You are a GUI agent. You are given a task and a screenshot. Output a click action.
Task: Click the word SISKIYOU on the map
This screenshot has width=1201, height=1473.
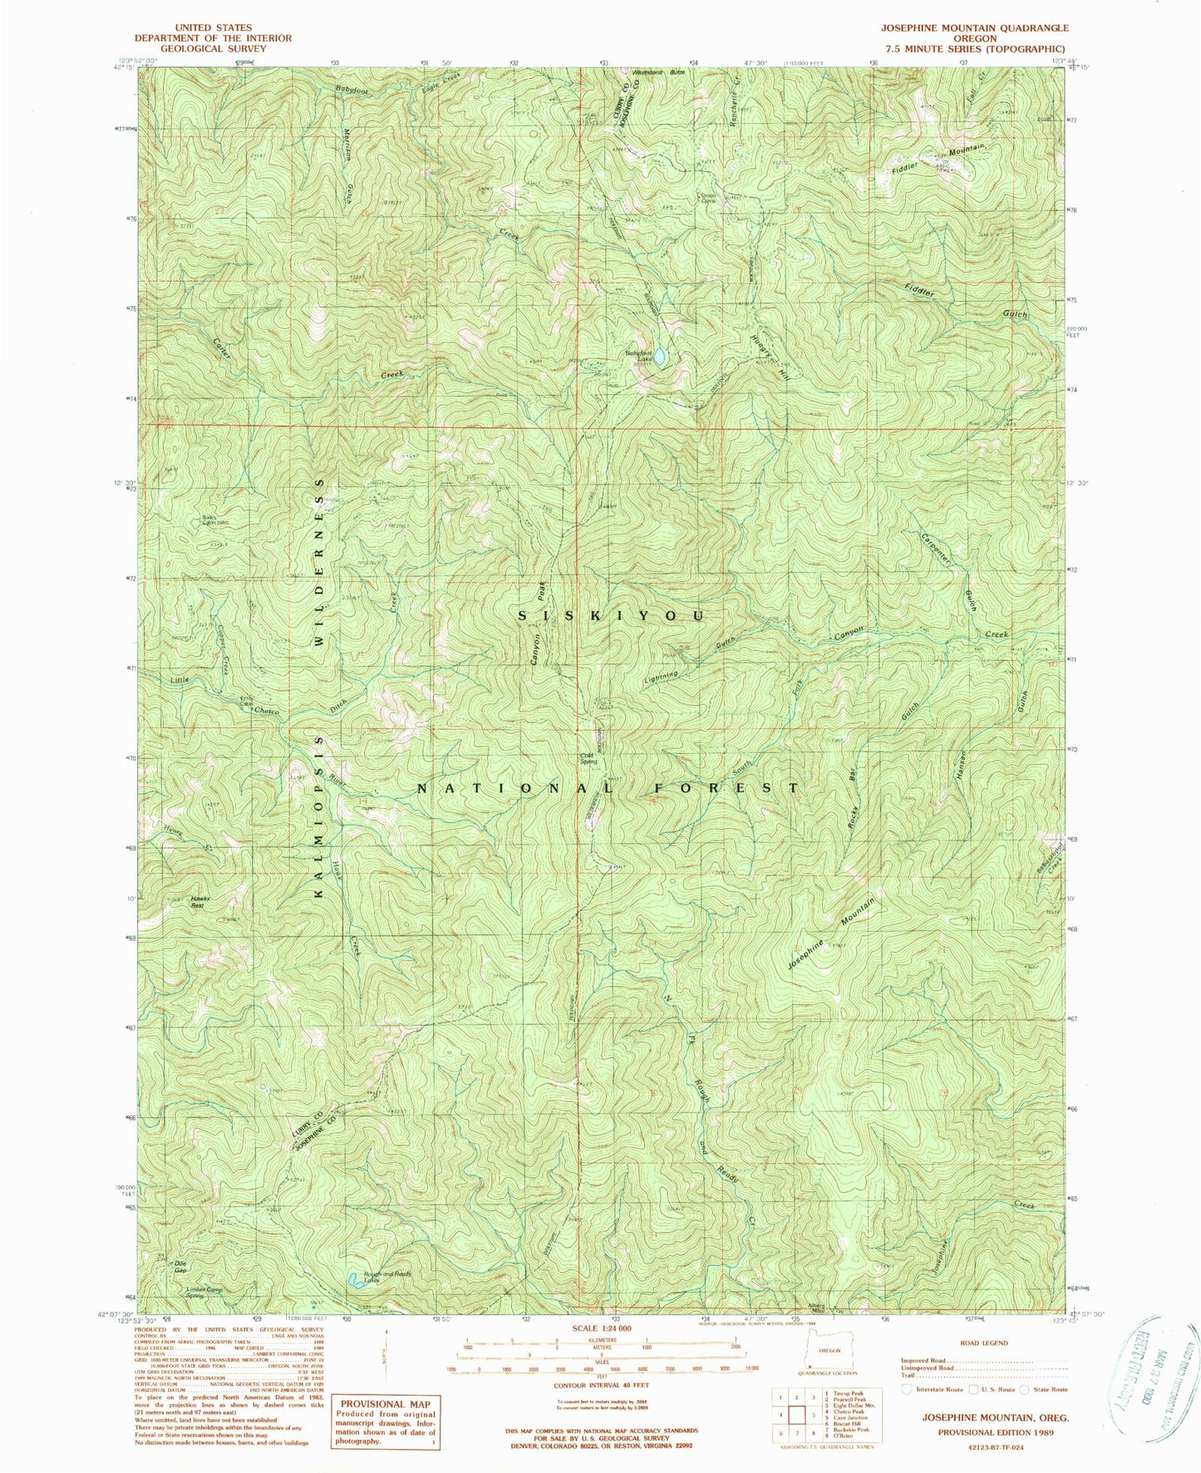[x=611, y=616]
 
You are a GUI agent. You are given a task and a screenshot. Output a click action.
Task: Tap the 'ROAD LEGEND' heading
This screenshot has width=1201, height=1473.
[x=984, y=1342]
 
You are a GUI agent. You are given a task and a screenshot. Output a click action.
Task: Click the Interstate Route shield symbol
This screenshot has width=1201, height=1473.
[x=907, y=1388]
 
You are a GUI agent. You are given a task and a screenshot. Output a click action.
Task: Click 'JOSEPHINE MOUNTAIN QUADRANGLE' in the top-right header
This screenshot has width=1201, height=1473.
[x=974, y=27]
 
